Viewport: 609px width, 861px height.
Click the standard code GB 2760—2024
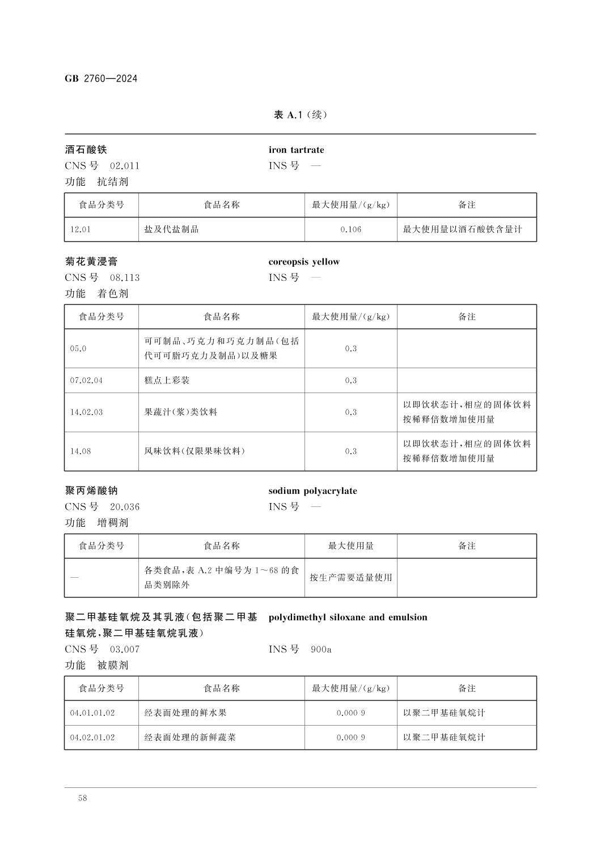coord(101,79)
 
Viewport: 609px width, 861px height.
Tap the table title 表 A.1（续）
coord(301,115)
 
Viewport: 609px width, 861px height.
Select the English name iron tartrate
coord(296,150)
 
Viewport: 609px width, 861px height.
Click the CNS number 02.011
coord(124,166)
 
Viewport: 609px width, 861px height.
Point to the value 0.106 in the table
coord(350,229)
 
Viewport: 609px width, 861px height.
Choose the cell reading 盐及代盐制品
coord(172,229)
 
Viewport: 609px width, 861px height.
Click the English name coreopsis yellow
coord(304,262)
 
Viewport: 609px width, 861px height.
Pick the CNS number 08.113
coord(124,278)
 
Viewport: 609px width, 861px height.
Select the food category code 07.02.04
coord(86,381)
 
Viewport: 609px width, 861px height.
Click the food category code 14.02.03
coord(86,412)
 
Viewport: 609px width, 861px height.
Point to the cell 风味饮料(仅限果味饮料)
coord(194,451)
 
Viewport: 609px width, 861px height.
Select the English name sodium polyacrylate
coord(312,491)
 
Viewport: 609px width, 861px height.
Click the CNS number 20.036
coord(124,507)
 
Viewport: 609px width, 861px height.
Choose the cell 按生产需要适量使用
coord(350,578)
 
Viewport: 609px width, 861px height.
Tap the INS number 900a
coord(321,649)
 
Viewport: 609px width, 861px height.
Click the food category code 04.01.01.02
coord(92,713)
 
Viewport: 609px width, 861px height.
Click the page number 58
coord(83,798)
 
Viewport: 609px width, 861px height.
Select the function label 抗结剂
coord(113,182)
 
